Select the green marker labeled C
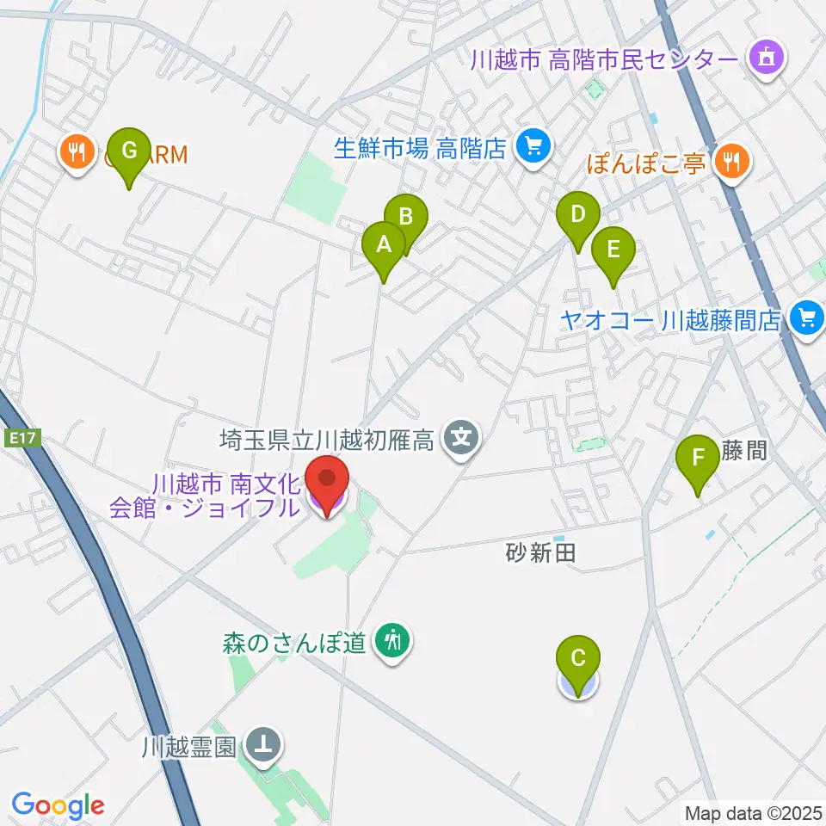pos(578,661)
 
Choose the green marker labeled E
pos(613,251)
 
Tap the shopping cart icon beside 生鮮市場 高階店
pos(533,147)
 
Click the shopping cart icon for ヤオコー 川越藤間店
pos(806,318)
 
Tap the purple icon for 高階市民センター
pos(765,59)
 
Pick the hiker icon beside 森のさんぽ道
pos(394,640)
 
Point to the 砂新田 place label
pos(540,553)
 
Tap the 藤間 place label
pos(745,450)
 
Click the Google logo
pos(58,806)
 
